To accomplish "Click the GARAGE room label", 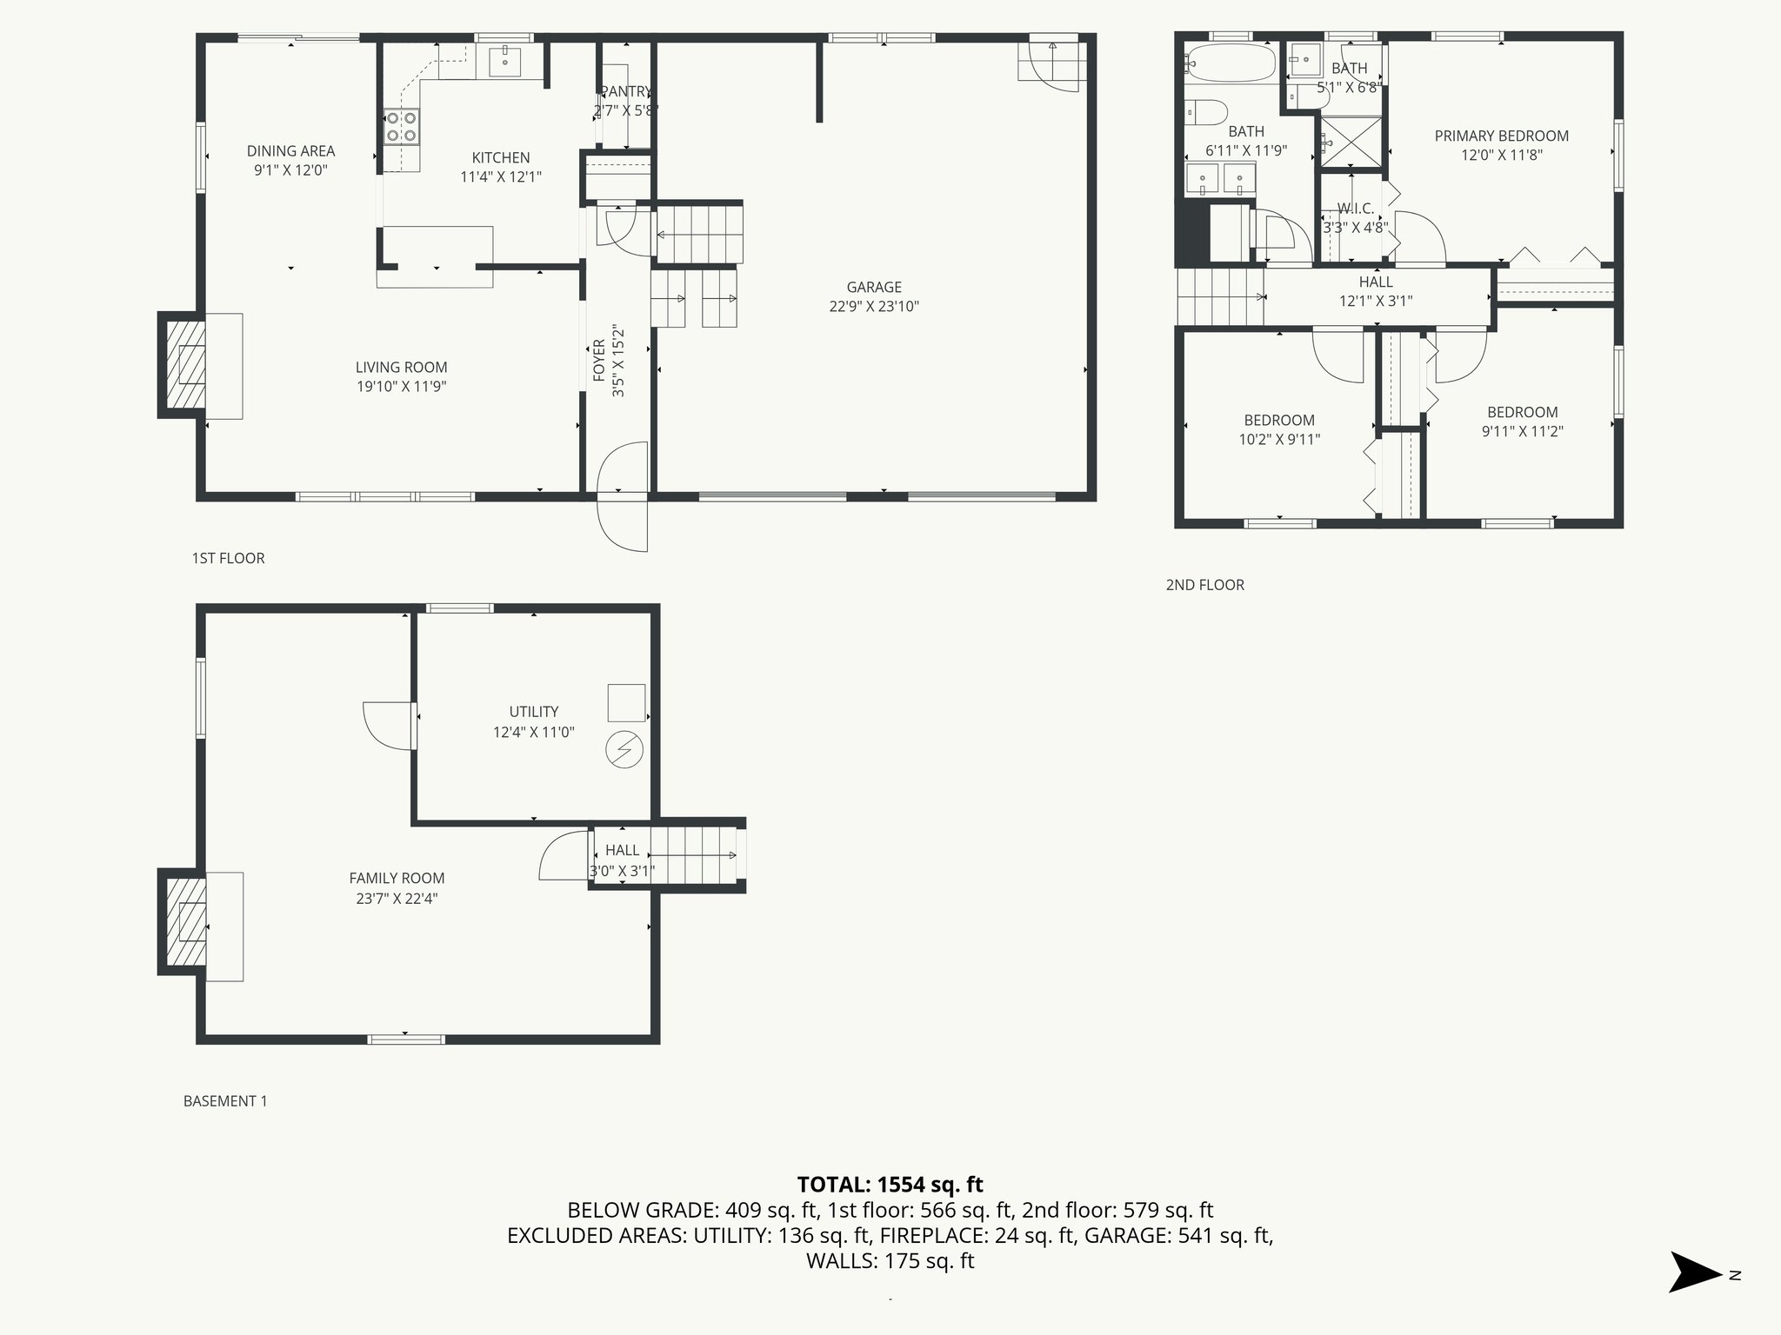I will click(x=874, y=287).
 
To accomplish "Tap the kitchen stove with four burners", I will click(x=402, y=127).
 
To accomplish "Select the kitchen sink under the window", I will click(x=504, y=62).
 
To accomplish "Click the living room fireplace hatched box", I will click(x=183, y=364).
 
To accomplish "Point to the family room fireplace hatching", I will click(x=183, y=922).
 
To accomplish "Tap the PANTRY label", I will click(x=626, y=92).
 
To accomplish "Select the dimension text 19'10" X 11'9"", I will click(x=402, y=387).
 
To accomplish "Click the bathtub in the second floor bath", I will click(x=1231, y=64).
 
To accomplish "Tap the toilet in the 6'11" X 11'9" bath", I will click(x=1209, y=113).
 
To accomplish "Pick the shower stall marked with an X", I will click(x=1351, y=142).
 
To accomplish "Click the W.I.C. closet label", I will click(x=1355, y=209).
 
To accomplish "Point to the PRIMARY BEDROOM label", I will click(x=1501, y=136).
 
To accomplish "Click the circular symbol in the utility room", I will click(x=624, y=750).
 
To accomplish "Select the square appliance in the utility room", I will click(x=626, y=702).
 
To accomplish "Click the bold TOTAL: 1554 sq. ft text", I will click(x=890, y=1184).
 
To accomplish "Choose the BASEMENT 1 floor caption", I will click(x=225, y=1101).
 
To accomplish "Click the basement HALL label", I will click(x=622, y=850).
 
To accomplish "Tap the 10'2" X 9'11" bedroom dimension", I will click(x=1279, y=440).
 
